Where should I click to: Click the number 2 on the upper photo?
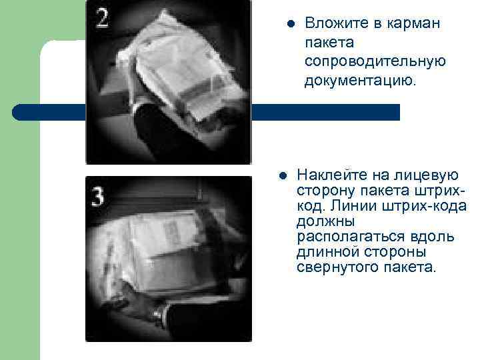tap(102, 19)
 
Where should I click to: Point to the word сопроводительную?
tap(375, 61)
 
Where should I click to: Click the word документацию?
tap(359, 81)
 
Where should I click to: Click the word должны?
tap(325, 222)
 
